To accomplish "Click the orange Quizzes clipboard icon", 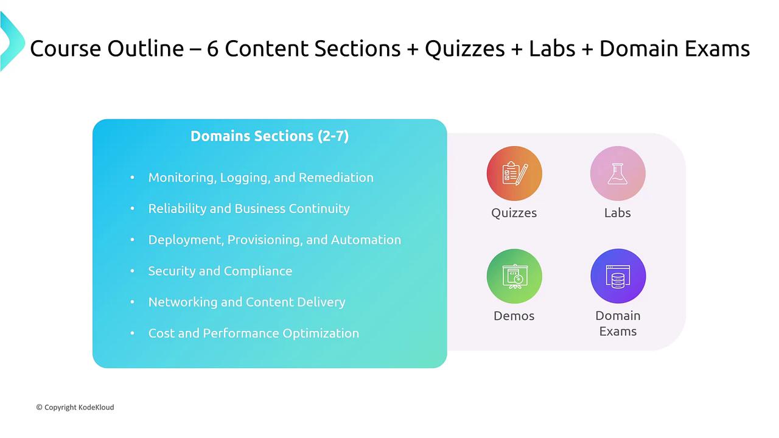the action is [514, 173].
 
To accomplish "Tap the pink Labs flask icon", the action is [618, 173].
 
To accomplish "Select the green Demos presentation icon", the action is [514, 276].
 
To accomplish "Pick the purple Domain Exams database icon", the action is [618, 276].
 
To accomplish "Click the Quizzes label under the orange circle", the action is [514, 213].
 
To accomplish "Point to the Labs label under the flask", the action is [618, 212].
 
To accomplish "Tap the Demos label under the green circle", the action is [514, 316].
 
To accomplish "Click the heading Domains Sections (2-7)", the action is [270, 136].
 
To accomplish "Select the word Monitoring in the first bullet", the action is [181, 178].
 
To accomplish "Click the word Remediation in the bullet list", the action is [336, 177].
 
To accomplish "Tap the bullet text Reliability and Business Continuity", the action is [249, 209].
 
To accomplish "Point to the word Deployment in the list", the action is [186, 240].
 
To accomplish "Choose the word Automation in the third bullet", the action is [366, 240].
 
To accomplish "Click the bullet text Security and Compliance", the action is [220, 271].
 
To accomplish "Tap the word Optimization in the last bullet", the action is [321, 333].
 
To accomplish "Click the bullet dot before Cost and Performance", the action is [132, 333].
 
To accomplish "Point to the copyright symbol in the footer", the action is [40, 407].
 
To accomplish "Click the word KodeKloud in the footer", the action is [96, 407].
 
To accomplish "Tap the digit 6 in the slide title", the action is [212, 48].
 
